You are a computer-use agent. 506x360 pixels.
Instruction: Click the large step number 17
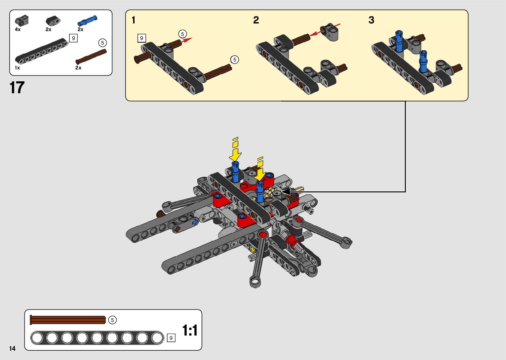click(x=17, y=88)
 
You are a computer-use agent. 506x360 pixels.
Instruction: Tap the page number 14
click(x=13, y=348)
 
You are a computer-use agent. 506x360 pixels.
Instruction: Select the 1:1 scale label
click(x=190, y=330)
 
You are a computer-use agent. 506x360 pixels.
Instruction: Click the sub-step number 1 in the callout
click(x=134, y=20)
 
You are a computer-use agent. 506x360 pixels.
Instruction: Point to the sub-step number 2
click(x=256, y=20)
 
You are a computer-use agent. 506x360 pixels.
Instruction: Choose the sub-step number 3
click(x=371, y=20)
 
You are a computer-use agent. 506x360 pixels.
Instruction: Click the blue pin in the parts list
click(x=87, y=20)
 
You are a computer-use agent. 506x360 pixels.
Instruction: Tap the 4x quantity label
click(x=18, y=29)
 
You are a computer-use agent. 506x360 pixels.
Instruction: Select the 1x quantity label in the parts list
click(x=18, y=68)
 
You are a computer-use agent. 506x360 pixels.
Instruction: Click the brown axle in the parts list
click(x=91, y=57)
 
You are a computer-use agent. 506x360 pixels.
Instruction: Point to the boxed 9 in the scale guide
click(x=171, y=338)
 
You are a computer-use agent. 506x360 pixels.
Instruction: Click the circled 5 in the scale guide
click(x=112, y=320)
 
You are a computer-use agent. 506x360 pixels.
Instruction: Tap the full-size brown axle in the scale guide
click(x=68, y=320)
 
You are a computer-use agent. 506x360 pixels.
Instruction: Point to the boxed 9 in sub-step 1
click(x=141, y=38)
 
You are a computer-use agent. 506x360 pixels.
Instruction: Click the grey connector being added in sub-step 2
click(x=330, y=32)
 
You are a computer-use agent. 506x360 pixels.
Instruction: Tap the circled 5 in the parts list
click(x=102, y=43)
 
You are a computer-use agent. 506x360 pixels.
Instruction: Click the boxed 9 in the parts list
click(x=73, y=38)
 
